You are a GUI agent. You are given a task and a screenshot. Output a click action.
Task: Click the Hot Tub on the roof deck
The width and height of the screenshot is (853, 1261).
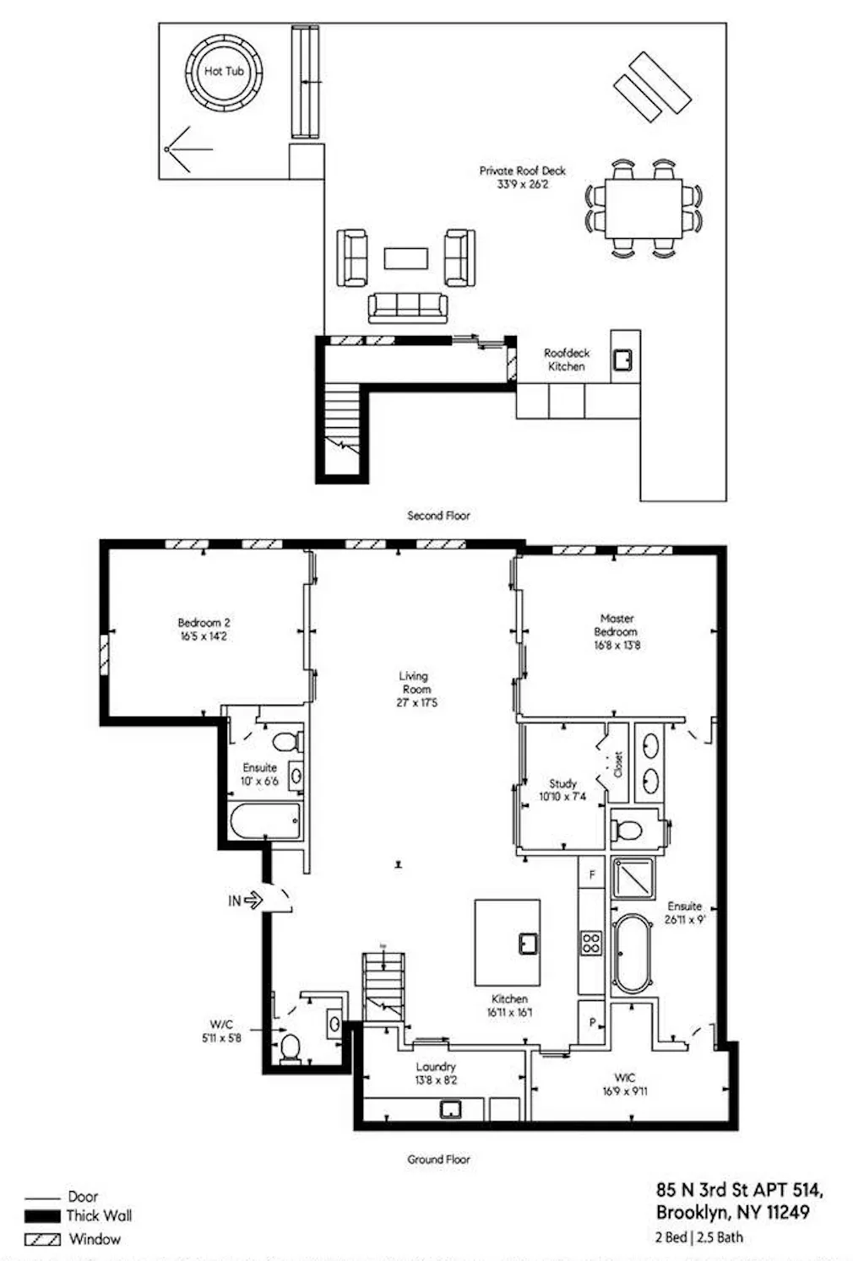point(224,73)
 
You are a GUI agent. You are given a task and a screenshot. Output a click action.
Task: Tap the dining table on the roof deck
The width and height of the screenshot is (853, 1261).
point(644,208)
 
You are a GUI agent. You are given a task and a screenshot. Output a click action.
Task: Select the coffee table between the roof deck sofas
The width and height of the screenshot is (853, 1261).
point(405,257)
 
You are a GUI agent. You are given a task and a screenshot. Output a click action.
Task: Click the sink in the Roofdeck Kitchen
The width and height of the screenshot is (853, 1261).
point(623,360)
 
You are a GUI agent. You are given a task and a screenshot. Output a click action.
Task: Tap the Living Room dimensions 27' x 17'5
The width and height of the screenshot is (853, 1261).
point(417,702)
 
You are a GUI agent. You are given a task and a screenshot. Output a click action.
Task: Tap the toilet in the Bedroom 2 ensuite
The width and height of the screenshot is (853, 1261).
point(286,742)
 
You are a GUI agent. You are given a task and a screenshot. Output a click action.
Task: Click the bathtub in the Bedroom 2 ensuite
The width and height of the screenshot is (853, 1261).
point(265,821)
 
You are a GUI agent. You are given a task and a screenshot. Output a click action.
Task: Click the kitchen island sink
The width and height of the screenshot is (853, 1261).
point(529,942)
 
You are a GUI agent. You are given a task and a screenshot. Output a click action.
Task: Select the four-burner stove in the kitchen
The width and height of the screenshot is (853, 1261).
point(591,943)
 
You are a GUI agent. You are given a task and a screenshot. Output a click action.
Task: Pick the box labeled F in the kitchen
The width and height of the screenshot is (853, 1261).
point(592,874)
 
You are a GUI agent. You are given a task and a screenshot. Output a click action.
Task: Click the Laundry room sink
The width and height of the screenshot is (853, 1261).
point(450,1109)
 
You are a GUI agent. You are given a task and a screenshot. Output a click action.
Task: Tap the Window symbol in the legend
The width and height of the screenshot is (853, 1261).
point(42,1240)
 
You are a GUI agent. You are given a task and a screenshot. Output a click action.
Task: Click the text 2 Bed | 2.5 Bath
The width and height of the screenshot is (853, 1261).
point(699,1237)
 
